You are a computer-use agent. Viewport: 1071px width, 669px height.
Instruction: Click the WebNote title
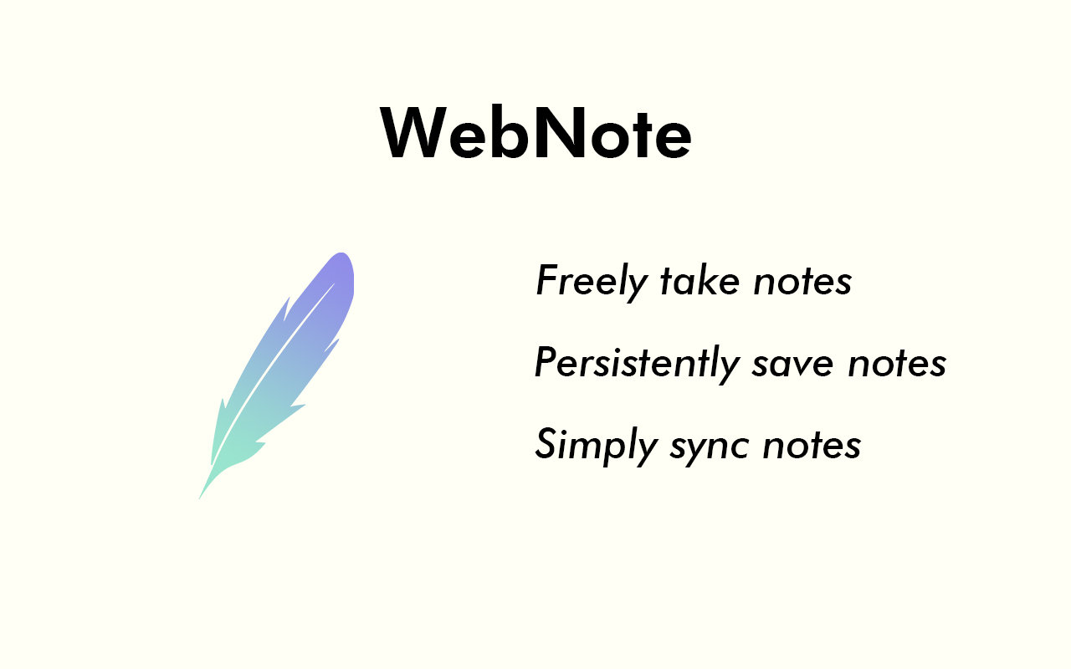click(x=535, y=134)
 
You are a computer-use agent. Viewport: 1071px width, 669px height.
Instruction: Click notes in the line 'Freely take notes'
click(x=802, y=282)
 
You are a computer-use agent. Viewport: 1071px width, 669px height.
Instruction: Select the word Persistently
click(x=637, y=363)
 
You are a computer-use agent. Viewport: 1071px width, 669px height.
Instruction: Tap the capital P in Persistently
click(x=546, y=362)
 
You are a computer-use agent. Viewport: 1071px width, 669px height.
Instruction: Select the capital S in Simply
click(x=546, y=443)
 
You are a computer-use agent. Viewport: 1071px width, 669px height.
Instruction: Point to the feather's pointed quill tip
click(x=201, y=497)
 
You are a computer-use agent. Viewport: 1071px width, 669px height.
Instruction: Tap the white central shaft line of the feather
click(x=268, y=368)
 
